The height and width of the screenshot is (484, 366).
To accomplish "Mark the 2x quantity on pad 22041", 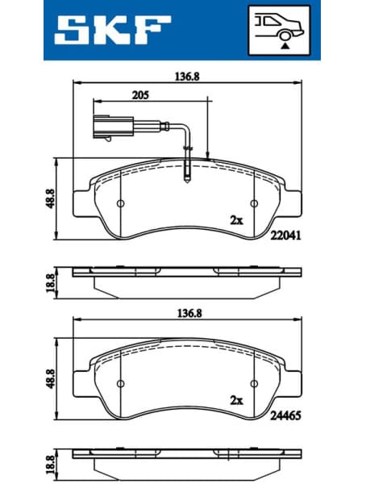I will click(x=236, y=219).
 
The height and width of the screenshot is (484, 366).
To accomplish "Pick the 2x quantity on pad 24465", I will click(x=236, y=400).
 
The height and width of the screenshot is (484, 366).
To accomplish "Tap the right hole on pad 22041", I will click(x=255, y=203).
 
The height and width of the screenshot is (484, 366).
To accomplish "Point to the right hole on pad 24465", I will click(x=255, y=384).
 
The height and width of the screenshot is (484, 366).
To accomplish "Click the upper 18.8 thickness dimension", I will click(x=50, y=282).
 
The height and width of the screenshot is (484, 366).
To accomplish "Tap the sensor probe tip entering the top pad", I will click(x=187, y=173).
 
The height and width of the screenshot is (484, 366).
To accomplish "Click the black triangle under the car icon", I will click(x=285, y=48).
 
